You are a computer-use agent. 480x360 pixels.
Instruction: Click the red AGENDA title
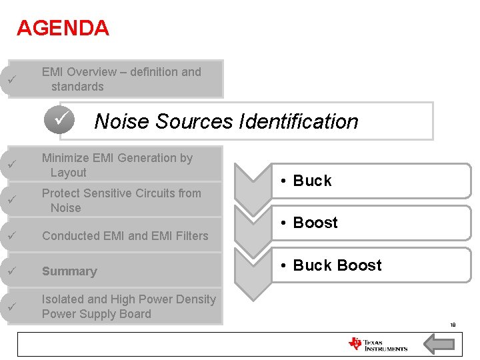[63, 28]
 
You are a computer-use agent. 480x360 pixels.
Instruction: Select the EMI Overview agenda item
[121, 79]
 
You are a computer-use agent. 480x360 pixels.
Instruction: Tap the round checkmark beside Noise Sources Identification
[60, 120]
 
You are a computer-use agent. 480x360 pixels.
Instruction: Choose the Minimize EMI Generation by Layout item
[117, 165]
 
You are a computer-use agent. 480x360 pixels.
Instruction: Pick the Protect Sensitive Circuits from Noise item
[121, 200]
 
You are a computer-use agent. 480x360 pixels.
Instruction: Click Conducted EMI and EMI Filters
[125, 235]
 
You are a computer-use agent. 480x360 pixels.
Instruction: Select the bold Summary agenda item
[69, 271]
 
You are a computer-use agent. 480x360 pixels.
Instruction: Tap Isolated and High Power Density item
[128, 307]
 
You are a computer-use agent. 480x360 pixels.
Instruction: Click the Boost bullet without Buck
[315, 223]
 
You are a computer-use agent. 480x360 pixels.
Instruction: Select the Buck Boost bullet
[337, 265]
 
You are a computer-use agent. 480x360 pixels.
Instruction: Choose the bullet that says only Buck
[312, 181]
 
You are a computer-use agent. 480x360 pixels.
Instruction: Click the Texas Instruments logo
[377, 344]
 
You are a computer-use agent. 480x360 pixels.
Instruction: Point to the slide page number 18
[453, 325]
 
